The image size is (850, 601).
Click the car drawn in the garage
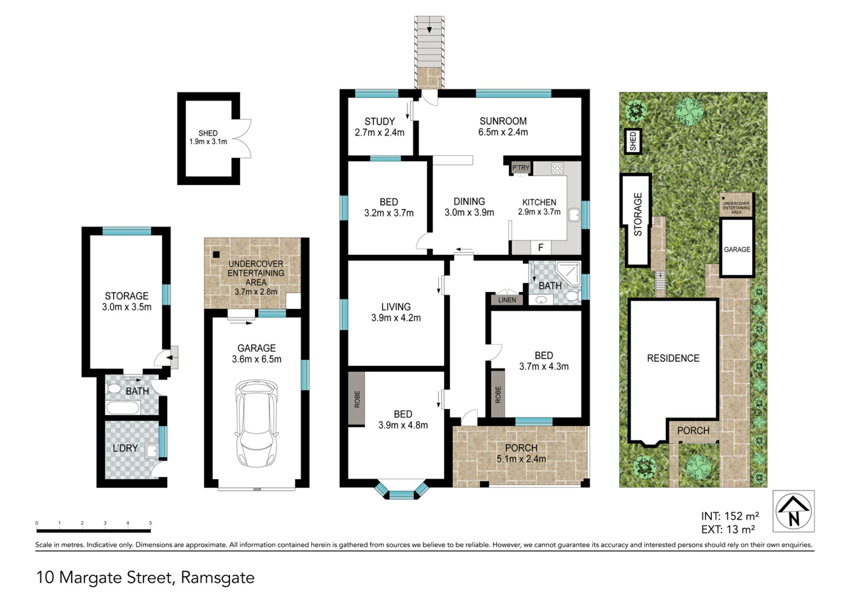(256, 423)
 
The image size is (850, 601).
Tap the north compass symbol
(794, 511)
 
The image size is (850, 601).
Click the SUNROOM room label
(503, 121)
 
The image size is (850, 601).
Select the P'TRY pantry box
(521, 168)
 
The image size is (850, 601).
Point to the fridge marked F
(541, 248)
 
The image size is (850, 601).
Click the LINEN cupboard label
(507, 300)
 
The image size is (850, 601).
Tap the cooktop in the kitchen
(557, 168)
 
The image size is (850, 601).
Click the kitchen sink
(574, 215)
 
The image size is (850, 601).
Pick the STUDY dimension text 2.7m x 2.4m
(379, 132)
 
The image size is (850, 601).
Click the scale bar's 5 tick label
(151, 523)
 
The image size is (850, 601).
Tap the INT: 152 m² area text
(730, 516)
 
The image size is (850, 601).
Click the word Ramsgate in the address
(218, 578)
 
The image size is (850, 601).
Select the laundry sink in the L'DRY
(152, 451)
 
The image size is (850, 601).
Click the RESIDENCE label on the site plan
(673, 358)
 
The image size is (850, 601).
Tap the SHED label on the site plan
(633, 141)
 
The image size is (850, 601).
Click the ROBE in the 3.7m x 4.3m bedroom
(498, 394)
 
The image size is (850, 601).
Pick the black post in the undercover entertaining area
(216, 255)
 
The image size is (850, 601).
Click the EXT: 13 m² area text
(728, 529)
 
